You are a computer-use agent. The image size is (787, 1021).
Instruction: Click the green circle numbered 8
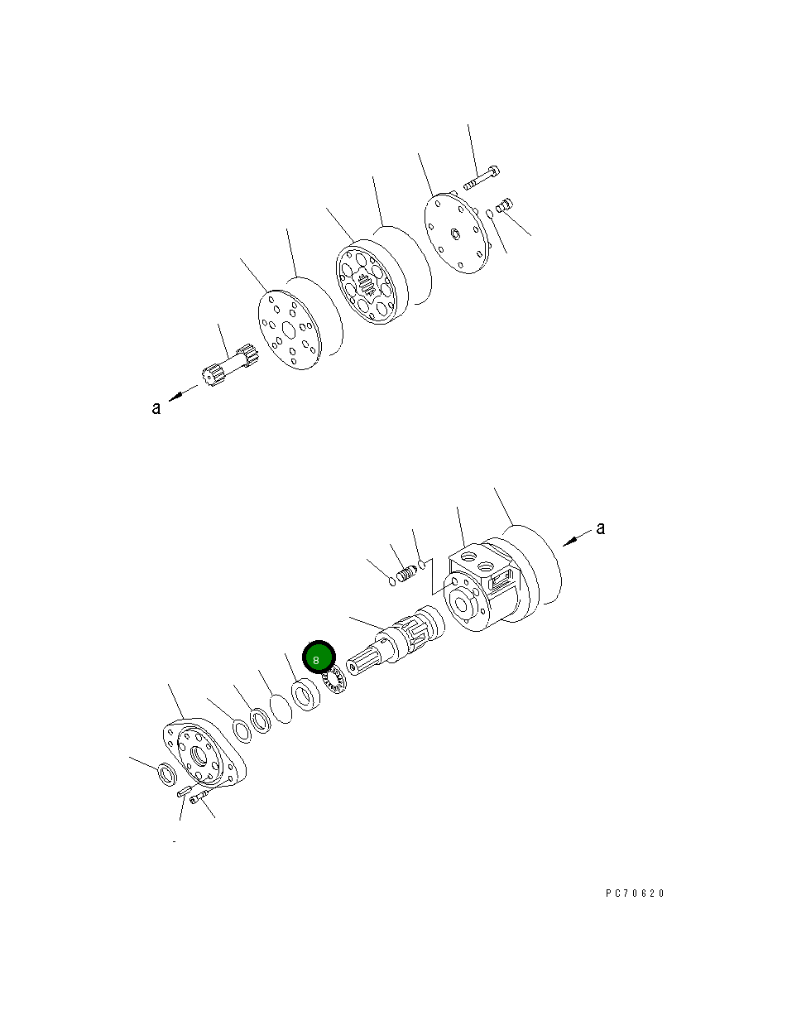pos(317,659)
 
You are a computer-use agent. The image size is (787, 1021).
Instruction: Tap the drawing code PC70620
pos(635,893)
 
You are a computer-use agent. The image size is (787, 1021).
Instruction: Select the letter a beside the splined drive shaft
pos(156,407)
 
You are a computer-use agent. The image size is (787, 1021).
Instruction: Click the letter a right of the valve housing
pos(600,527)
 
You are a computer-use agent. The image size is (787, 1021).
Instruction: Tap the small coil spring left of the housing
pos(406,573)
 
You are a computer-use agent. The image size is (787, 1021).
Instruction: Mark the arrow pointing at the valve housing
pos(573,540)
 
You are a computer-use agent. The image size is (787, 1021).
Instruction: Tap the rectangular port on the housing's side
pos(502,584)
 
